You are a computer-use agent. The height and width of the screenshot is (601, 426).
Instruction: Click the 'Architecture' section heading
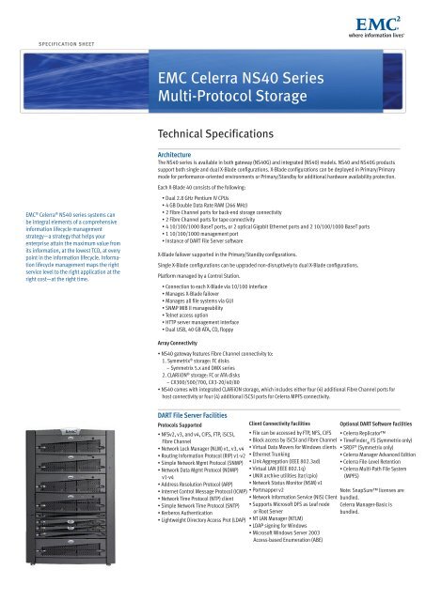[x=180, y=153]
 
